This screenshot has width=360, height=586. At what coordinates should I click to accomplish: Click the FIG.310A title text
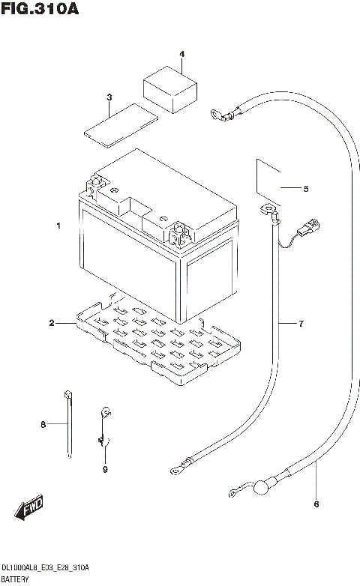point(40,10)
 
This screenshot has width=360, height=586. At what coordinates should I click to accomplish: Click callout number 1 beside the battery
point(58,226)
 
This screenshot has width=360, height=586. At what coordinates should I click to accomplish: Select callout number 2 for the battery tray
point(52,323)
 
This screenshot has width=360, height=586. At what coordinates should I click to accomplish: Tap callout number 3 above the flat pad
point(109,97)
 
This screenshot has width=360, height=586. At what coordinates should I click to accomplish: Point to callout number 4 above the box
point(181,54)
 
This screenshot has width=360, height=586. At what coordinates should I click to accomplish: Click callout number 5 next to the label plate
point(305,189)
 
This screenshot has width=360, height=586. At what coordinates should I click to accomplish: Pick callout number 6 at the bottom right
point(316,503)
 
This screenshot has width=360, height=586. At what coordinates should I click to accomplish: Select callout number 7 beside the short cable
point(300,324)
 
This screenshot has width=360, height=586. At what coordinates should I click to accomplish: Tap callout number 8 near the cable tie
point(43,425)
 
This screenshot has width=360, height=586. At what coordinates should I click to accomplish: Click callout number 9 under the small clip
point(105,470)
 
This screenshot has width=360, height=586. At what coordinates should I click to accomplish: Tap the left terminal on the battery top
point(96,184)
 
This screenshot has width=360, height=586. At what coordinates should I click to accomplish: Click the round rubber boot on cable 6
point(259,489)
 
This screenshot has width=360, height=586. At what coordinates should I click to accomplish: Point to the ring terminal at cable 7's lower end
point(177,470)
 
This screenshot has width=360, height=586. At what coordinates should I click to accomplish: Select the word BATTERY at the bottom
point(15,580)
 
